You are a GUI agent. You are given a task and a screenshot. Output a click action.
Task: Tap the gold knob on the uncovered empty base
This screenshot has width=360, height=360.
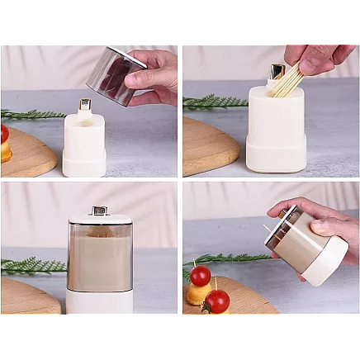84,105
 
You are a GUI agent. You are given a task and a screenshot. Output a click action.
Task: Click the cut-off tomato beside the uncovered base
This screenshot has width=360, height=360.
4,134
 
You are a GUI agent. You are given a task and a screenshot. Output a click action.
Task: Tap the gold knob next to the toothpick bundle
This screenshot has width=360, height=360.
276,73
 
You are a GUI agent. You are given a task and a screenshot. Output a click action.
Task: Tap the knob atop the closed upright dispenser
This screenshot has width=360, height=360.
99,211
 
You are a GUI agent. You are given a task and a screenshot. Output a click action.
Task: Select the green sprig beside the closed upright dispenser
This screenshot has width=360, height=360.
33,266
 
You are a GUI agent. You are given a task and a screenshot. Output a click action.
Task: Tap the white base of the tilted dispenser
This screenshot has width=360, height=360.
325,260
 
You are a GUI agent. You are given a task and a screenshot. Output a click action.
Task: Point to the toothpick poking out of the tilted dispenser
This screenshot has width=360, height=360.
267,228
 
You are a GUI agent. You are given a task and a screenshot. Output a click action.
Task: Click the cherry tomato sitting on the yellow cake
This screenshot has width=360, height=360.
201,275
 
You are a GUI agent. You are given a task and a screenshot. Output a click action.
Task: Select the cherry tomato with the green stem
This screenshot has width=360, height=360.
217,301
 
